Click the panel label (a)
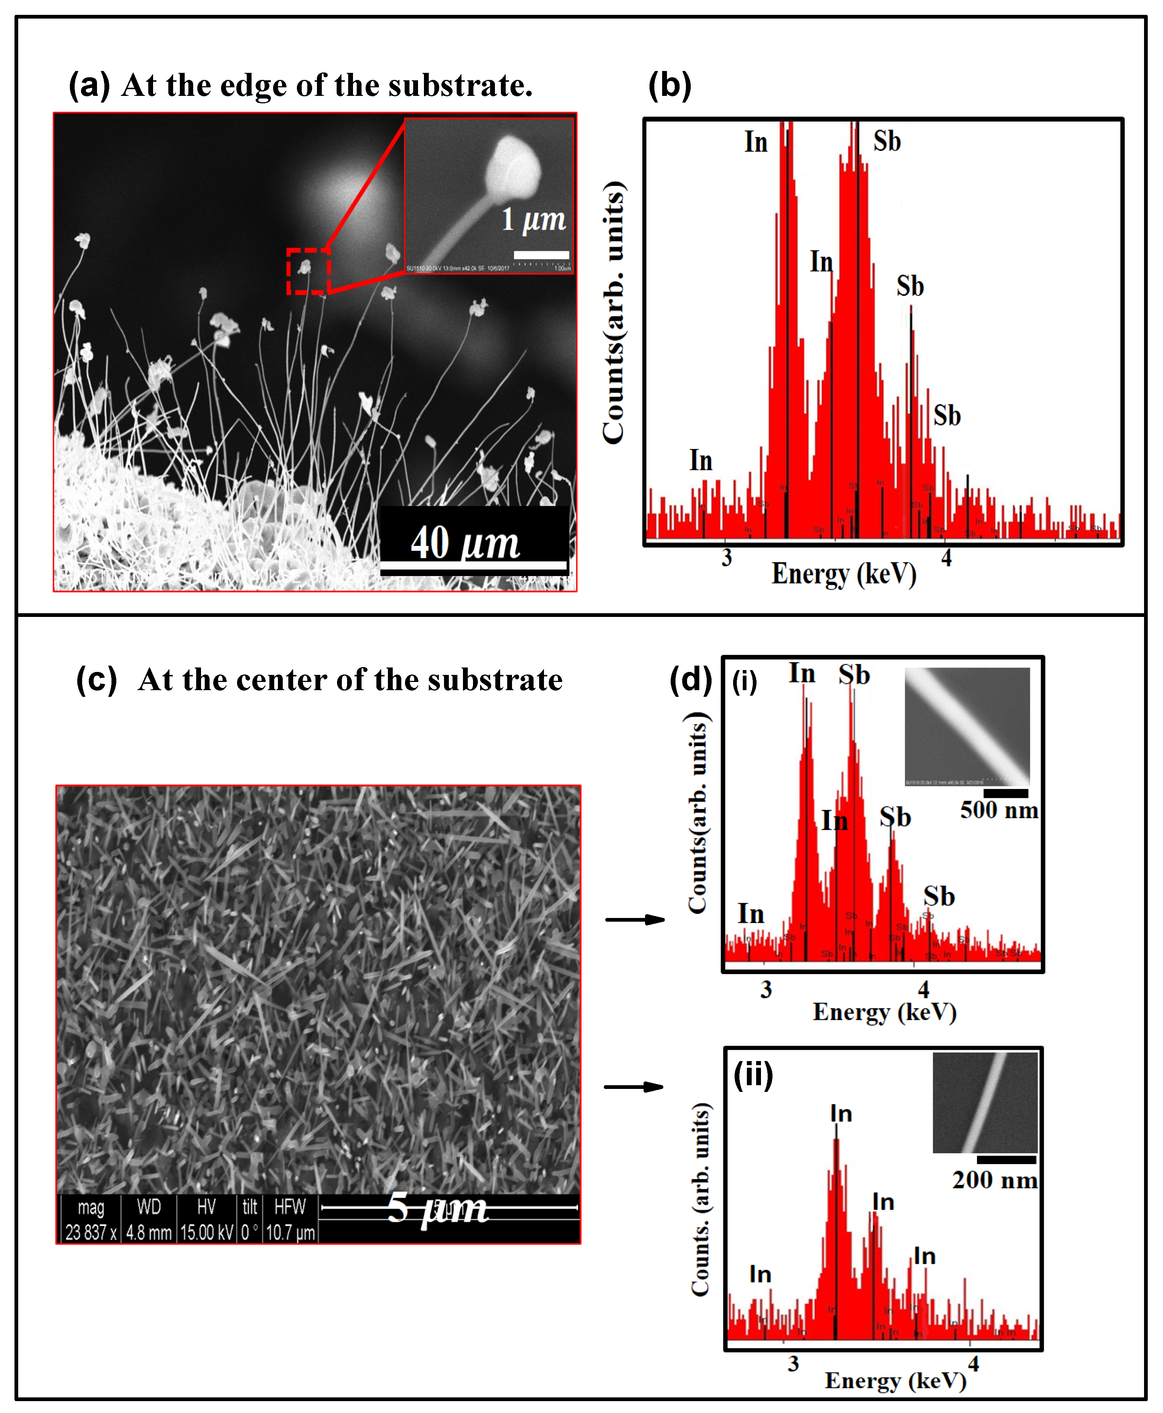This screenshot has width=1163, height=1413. (89, 86)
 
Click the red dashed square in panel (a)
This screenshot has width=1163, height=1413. (308, 271)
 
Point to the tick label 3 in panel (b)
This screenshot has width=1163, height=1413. (726, 557)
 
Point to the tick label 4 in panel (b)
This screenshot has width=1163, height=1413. (946, 557)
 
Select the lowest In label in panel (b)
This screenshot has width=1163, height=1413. (701, 460)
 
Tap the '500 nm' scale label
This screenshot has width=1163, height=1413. (998, 810)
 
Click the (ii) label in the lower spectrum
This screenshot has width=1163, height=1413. (753, 1075)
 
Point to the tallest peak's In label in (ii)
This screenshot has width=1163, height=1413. (841, 1113)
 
